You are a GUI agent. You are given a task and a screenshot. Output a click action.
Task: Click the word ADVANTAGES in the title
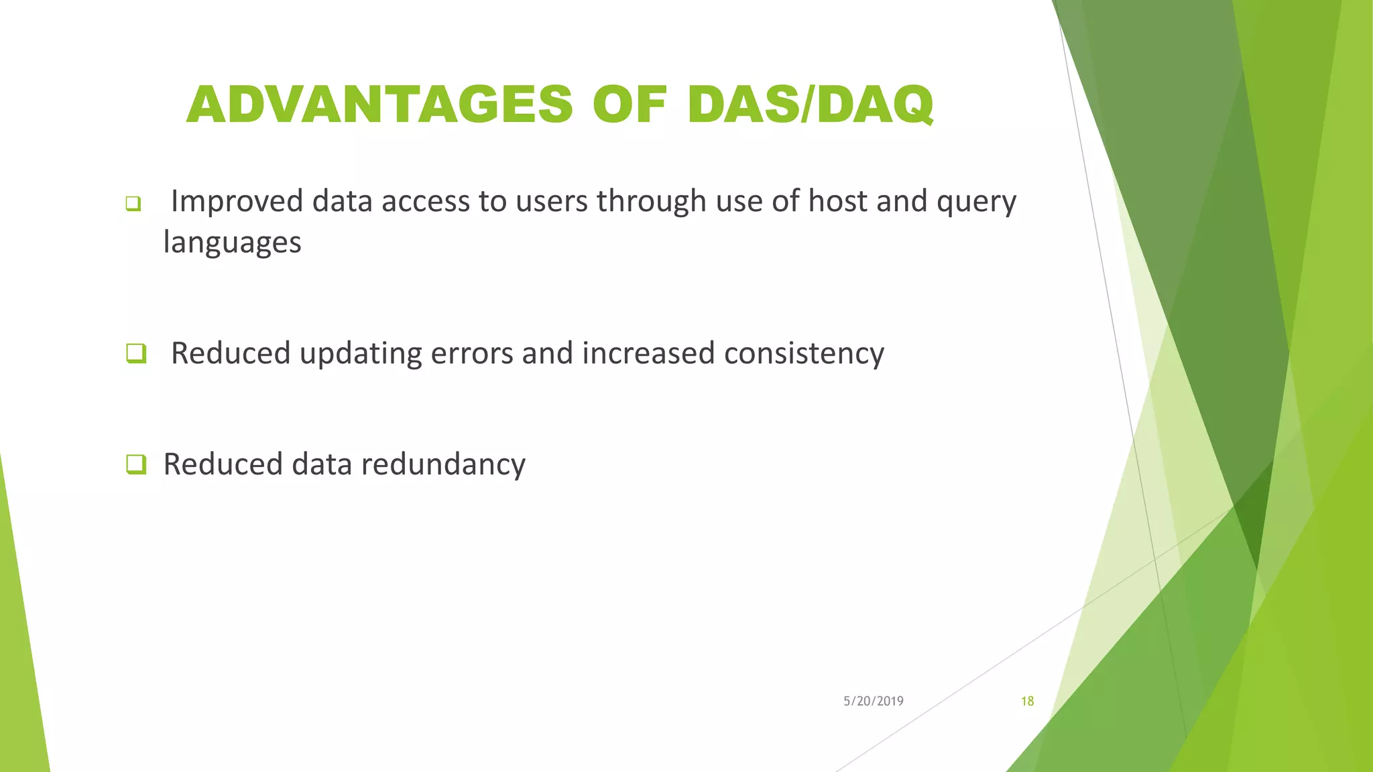(x=379, y=105)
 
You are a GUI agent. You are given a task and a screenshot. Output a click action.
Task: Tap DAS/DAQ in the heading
(x=810, y=105)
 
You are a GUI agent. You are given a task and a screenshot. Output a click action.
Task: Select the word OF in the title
(x=630, y=105)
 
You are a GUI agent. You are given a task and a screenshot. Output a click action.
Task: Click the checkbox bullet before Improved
(x=133, y=204)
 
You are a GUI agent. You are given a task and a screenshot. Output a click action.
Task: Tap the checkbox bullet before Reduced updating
(x=136, y=353)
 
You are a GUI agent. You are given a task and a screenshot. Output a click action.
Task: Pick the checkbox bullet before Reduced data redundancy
(x=136, y=464)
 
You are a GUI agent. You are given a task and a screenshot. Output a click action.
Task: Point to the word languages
(x=232, y=243)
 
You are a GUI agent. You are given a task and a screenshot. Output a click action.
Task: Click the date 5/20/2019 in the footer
(x=873, y=701)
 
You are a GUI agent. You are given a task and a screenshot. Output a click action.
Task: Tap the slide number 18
(x=1027, y=701)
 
